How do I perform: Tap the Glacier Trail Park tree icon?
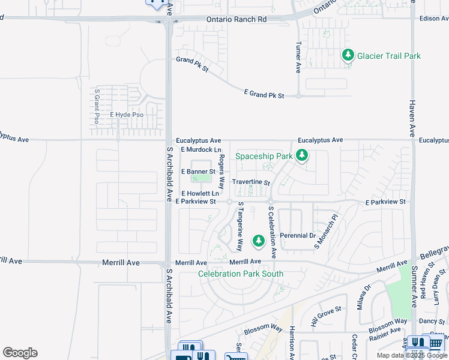click(348, 55)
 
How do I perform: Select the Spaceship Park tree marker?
click(302, 156)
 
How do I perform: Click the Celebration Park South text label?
click(241, 274)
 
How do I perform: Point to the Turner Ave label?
click(298, 58)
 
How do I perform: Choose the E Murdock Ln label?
click(200, 149)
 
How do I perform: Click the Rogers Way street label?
click(221, 172)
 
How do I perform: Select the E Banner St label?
click(198, 172)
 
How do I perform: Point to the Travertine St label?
click(251, 182)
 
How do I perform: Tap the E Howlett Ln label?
click(199, 194)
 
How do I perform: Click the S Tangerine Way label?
click(240, 226)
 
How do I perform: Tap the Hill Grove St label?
click(326, 316)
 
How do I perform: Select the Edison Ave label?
click(430, 19)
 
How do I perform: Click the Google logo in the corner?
click(20, 353)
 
